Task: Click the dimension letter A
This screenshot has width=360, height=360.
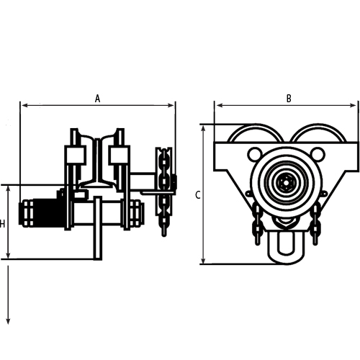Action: pyautogui.click(x=98, y=99)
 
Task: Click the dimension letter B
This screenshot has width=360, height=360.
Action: pyautogui.click(x=289, y=99)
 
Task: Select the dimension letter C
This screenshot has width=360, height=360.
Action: pyautogui.click(x=197, y=194)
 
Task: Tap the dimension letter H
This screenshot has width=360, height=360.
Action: pyautogui.click(x=3, y=224)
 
